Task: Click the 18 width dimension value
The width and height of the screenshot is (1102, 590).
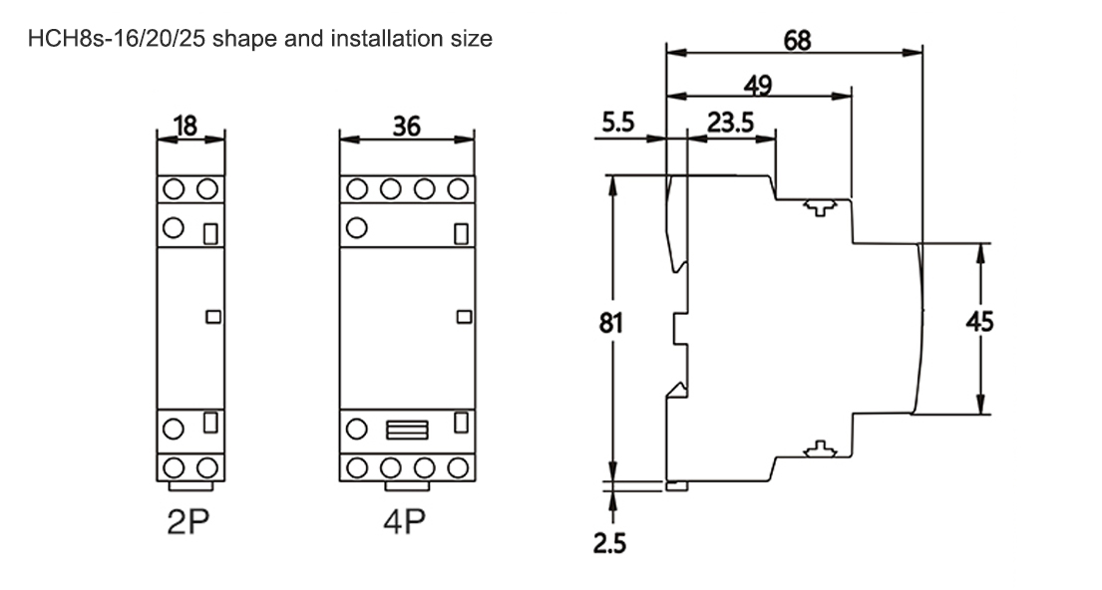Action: (x=186, y=126)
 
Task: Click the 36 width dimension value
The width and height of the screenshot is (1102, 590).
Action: (x=407, y=126)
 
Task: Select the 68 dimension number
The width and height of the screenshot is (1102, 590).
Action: (x=798, y=40)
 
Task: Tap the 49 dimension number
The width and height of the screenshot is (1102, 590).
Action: (x=759, y=85)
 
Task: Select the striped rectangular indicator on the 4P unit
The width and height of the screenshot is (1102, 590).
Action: (x=406, y=430)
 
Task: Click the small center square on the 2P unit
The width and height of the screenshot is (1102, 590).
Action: (x=211, y=317)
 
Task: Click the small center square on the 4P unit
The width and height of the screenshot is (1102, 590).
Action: (x=462, y=317)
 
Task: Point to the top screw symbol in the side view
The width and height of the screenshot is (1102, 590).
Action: (x=818, y=208)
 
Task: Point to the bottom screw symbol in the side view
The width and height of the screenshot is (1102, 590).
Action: (x=818, y=449)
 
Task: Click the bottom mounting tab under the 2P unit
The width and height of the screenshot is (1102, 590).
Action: (x=190, y=487)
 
